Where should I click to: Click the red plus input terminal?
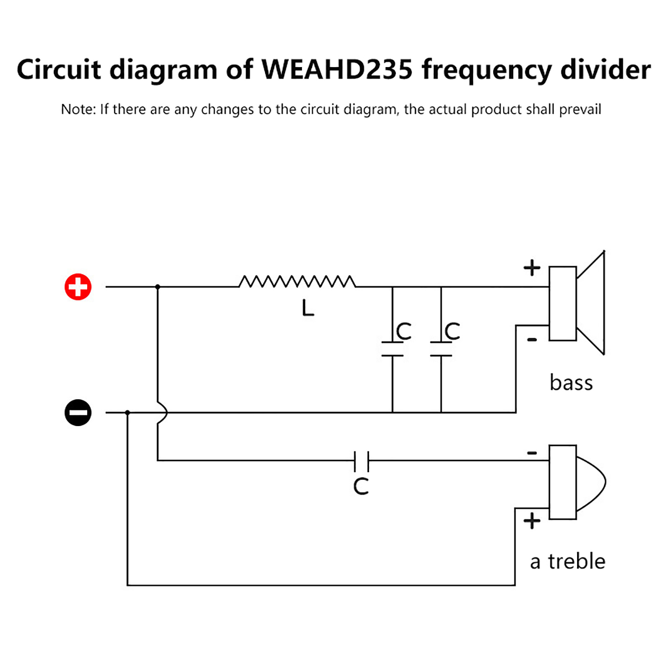click(78, 287)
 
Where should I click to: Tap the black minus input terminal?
click(78, 412)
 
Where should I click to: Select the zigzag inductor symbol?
click(297, 281)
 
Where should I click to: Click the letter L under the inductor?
click(308, 308)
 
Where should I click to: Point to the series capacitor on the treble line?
click(362, 460)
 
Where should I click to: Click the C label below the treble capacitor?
click(361, 486)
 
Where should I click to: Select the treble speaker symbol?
click(577, 482)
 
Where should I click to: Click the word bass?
click(571, 383)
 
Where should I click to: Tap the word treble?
click(577, 561)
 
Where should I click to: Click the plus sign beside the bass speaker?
click(532, 268)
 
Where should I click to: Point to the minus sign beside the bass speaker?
click(532, 339)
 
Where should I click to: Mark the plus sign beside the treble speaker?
click(532, 521)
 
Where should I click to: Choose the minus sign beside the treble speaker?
click(532, 453)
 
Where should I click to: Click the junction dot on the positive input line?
click(158, 287)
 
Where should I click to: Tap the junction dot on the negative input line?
click(127, 413)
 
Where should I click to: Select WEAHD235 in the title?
click(337, 70)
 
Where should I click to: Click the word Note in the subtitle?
click(78, 109)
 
